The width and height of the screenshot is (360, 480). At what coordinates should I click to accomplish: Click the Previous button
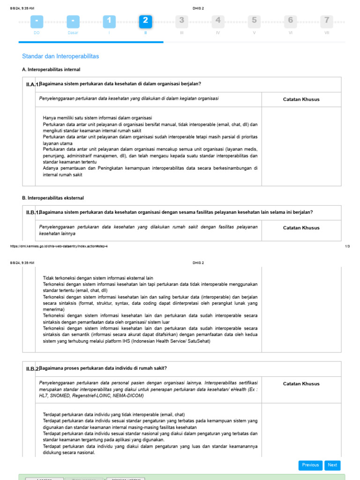coord(310,465)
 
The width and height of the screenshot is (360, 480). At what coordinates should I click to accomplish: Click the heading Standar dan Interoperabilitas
coord(60,56)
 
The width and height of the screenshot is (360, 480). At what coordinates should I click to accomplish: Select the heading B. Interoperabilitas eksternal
coord(56,198)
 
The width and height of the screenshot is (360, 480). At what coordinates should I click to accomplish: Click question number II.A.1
coord(32,84)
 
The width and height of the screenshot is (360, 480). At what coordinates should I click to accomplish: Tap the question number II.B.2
coord(32,369)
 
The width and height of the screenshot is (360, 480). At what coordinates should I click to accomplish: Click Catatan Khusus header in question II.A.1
coord(301,99)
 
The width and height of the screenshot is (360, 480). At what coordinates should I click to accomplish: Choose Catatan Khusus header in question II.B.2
coord(301,384)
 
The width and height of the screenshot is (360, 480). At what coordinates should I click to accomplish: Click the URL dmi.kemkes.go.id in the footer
coord(59,246)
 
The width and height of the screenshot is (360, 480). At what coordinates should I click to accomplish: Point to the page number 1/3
coord(347,246)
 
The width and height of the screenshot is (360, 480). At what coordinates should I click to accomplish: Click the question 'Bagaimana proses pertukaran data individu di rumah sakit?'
coord(104,368)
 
